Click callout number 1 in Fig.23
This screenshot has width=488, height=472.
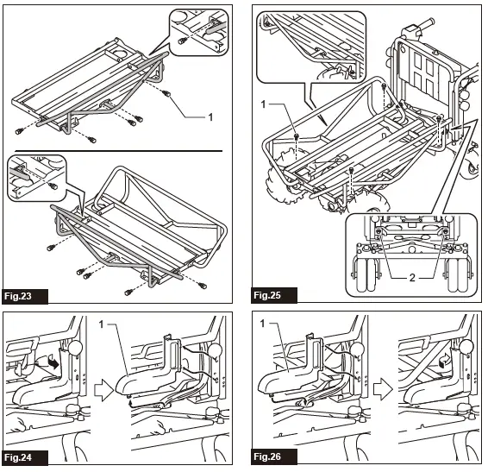click(210, 117)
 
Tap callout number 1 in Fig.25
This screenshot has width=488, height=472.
click(263, 104)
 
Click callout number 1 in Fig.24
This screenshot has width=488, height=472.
click(101, 324)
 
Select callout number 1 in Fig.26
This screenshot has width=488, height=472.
click(262, 324)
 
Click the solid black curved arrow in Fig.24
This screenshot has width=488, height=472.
click(53, 363)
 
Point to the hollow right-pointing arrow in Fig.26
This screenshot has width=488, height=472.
click(383, 390)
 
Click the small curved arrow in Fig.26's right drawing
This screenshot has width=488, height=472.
click(444, 361)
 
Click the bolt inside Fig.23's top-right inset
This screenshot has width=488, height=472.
click(182, 41)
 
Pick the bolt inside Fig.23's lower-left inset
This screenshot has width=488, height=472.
click(53, 186)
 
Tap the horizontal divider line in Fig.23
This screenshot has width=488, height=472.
click(119, 151)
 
